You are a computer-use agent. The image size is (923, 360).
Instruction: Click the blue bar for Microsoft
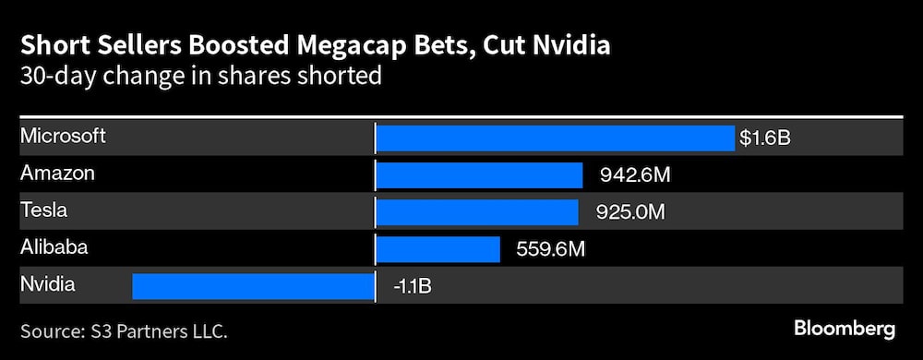pos(556,138)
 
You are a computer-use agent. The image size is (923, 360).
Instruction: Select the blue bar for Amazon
pos(479,175)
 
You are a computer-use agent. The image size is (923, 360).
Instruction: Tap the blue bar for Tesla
pos(477,212)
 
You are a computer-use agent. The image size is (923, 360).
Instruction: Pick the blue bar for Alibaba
pos(438,249)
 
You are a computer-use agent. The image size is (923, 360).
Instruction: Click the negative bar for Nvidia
pos(254,286)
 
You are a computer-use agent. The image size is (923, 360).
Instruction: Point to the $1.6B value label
pos(765,138)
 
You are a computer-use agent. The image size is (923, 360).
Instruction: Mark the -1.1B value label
pos(411,286)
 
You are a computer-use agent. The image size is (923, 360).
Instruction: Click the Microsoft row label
pos(63,137)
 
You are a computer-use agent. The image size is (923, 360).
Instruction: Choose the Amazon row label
pos(57,174)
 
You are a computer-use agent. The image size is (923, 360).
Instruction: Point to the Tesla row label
pos(44,210)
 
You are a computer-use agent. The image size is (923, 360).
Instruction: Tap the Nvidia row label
pos(47,284)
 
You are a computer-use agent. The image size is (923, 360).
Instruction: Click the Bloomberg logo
pos(844,329)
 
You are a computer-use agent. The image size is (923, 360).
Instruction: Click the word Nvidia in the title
pos(569,45)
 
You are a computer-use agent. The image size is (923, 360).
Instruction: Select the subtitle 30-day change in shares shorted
pos(201,75)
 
